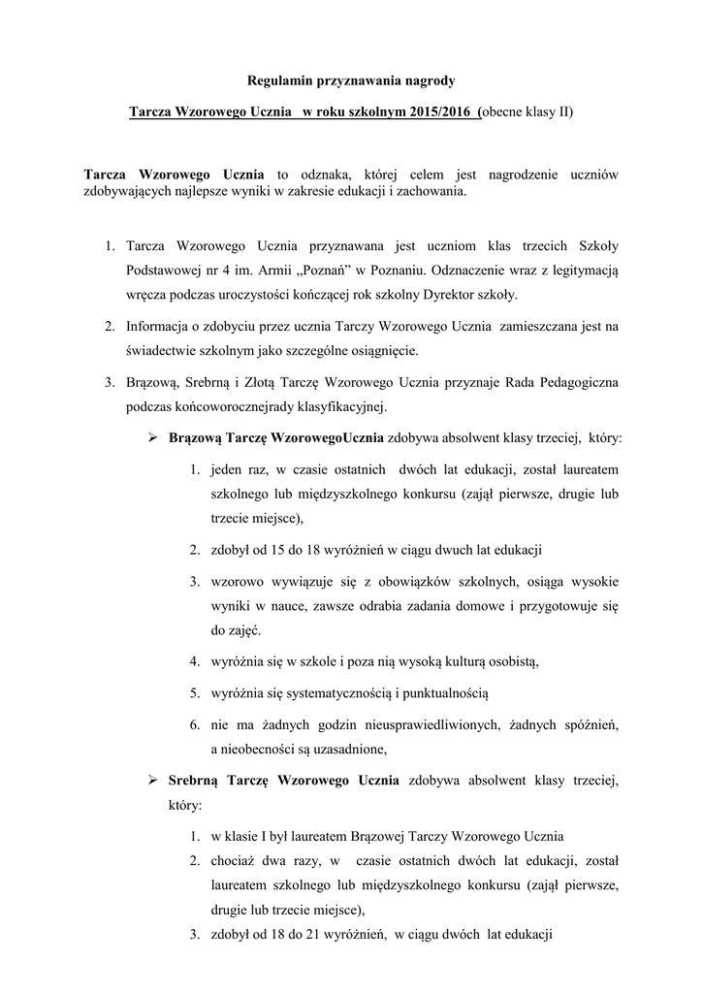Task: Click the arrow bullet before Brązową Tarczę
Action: click(x=153, y=437)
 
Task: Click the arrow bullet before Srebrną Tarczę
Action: click(x=153, y=779)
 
